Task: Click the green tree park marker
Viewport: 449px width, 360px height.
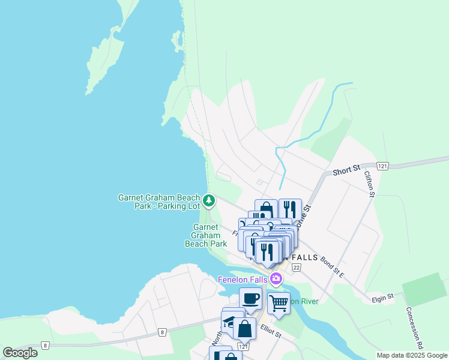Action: [x=209, y=200]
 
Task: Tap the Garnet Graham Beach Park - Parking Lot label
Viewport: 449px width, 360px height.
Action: [x=159, y=201]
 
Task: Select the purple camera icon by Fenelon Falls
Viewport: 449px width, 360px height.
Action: [x=276, y=278]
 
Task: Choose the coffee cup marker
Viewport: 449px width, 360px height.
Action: [x=250, y=298]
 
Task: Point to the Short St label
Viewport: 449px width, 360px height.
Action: [x=346, y=170]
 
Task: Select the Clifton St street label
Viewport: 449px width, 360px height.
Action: [x=370, y=184]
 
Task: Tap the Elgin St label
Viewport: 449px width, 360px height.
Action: [x=382, y=296]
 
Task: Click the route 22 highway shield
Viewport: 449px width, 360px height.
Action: [x=297, y=256]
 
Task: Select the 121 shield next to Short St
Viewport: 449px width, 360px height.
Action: [x=384, y=166]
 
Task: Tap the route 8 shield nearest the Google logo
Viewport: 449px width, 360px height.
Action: [x=45, y=345]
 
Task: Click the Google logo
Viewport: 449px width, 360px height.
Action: [x=20, y=353]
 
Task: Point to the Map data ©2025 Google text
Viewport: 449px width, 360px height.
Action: [x=411, y=355]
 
